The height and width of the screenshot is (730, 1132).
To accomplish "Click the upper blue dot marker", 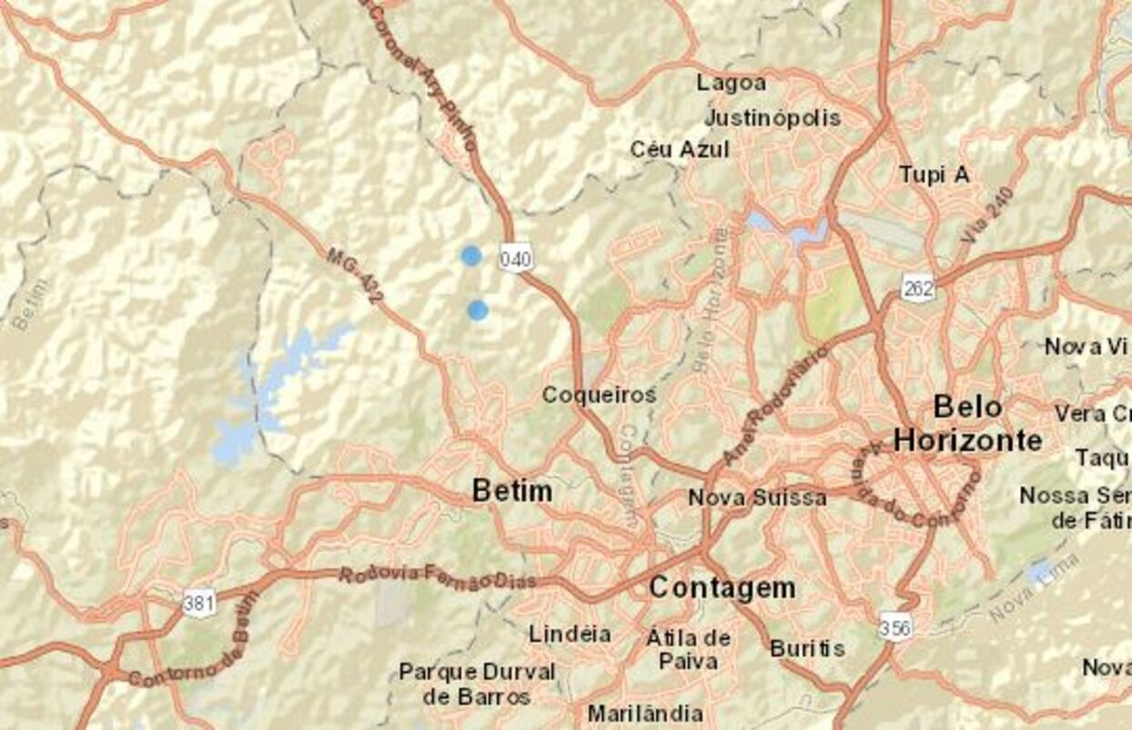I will [470, 256].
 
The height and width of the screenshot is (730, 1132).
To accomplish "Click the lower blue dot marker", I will [478, 310].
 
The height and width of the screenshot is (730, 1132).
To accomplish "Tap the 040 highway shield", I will [515, 258].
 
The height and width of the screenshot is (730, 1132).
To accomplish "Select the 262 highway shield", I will [918, 289].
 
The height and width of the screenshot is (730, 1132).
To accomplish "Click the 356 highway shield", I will [895, 627].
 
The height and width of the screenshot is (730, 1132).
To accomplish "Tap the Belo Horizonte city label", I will [967, 423].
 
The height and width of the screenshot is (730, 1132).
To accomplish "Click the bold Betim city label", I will [512, 492].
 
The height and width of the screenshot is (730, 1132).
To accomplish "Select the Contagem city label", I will [723, 588].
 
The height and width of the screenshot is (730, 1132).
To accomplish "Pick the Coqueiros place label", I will [599, 395].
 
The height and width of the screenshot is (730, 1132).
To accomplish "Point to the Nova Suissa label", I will [757, 498].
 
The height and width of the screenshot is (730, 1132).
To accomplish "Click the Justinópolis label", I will [773, 118].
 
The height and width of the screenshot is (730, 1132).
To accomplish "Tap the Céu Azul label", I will [680, 149].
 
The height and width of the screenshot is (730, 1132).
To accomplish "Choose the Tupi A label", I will [935, 175].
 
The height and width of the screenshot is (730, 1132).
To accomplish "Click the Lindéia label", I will [570, 634].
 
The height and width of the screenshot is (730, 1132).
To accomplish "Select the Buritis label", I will [807, 649].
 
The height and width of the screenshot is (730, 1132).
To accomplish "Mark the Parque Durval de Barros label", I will [477, 684].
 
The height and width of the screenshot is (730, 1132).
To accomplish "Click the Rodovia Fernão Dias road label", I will [437, 578].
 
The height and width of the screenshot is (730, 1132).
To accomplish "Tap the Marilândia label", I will [645, 713].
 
